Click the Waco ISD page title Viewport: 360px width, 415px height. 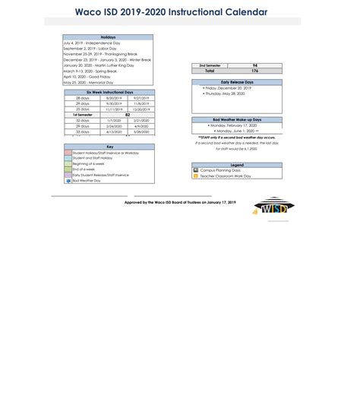pos(171,12)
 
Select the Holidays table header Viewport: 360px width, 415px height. pos(108,37)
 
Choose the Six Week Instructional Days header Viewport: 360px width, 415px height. pos(109,92)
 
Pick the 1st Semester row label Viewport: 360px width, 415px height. pos(83,114)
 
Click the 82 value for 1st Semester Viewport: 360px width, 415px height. pos(127,114)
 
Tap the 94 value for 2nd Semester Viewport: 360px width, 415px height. pos(255,65)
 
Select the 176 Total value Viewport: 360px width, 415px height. pos(255,71)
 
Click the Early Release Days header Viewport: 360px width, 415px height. pos(237,82)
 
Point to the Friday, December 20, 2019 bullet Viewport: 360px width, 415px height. pos(227,88)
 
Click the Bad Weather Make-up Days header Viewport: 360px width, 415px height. pos(237,119)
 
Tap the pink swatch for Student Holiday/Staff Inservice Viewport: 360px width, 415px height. pos(68,153)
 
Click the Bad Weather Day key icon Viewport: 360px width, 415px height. pos(68,180)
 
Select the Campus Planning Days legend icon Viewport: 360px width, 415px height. pos(196,170)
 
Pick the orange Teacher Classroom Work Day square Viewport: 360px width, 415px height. pos(196,176)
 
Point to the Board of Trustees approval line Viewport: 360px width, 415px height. pos(180,202)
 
